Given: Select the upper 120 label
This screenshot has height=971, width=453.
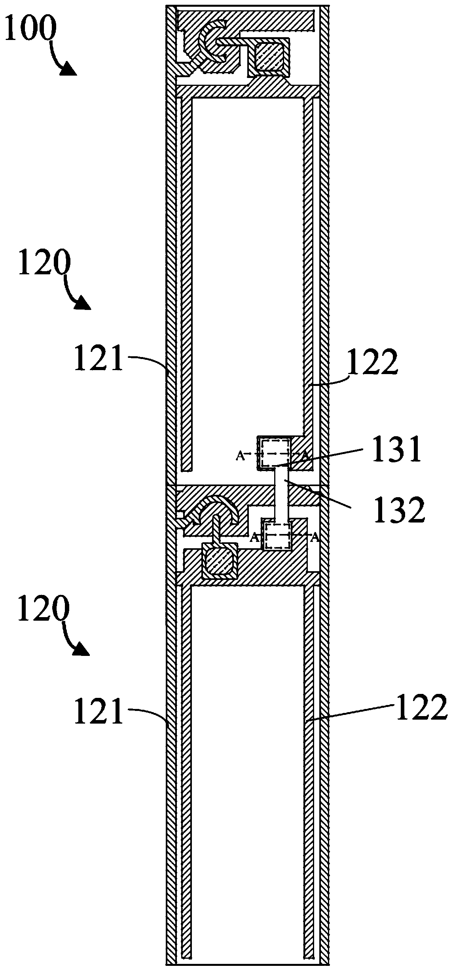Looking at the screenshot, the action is tap(44, 262).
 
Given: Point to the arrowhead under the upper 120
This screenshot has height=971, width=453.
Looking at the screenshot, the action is tap(83, 303).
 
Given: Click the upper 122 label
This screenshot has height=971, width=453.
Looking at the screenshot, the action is tap(372, 364).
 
